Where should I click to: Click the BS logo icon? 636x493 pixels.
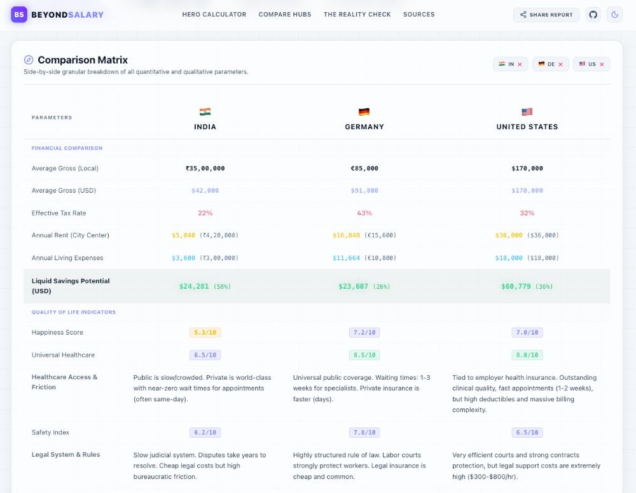coord(19,15)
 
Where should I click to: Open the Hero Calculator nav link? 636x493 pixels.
coord(214,15)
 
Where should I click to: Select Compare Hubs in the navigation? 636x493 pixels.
coord(285,15)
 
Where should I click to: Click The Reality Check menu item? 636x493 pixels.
coord(357,15)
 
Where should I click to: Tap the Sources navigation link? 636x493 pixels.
coord(419,15)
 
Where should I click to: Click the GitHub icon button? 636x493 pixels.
coord(593,15)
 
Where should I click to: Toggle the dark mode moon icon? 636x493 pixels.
coord(615,15)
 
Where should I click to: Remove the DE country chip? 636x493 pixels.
coord(560,64)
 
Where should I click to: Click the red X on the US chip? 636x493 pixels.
coord(602,64)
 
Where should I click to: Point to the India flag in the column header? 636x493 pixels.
coord(205,111)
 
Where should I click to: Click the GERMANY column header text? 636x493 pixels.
coord(364,127)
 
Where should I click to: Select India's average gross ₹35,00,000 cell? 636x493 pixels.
coord(205,169)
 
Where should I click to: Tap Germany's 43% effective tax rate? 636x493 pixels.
coord(364,213)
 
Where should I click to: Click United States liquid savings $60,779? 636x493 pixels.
coord(516,286)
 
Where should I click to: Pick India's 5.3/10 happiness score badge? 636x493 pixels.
coord(205,332)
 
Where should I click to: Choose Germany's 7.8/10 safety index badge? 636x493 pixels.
coord(364,433)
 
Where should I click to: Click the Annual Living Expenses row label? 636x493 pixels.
coord(67,258)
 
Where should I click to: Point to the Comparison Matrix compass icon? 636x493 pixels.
coord(29,60)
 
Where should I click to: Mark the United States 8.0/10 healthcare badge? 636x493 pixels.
coord(527,355)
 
